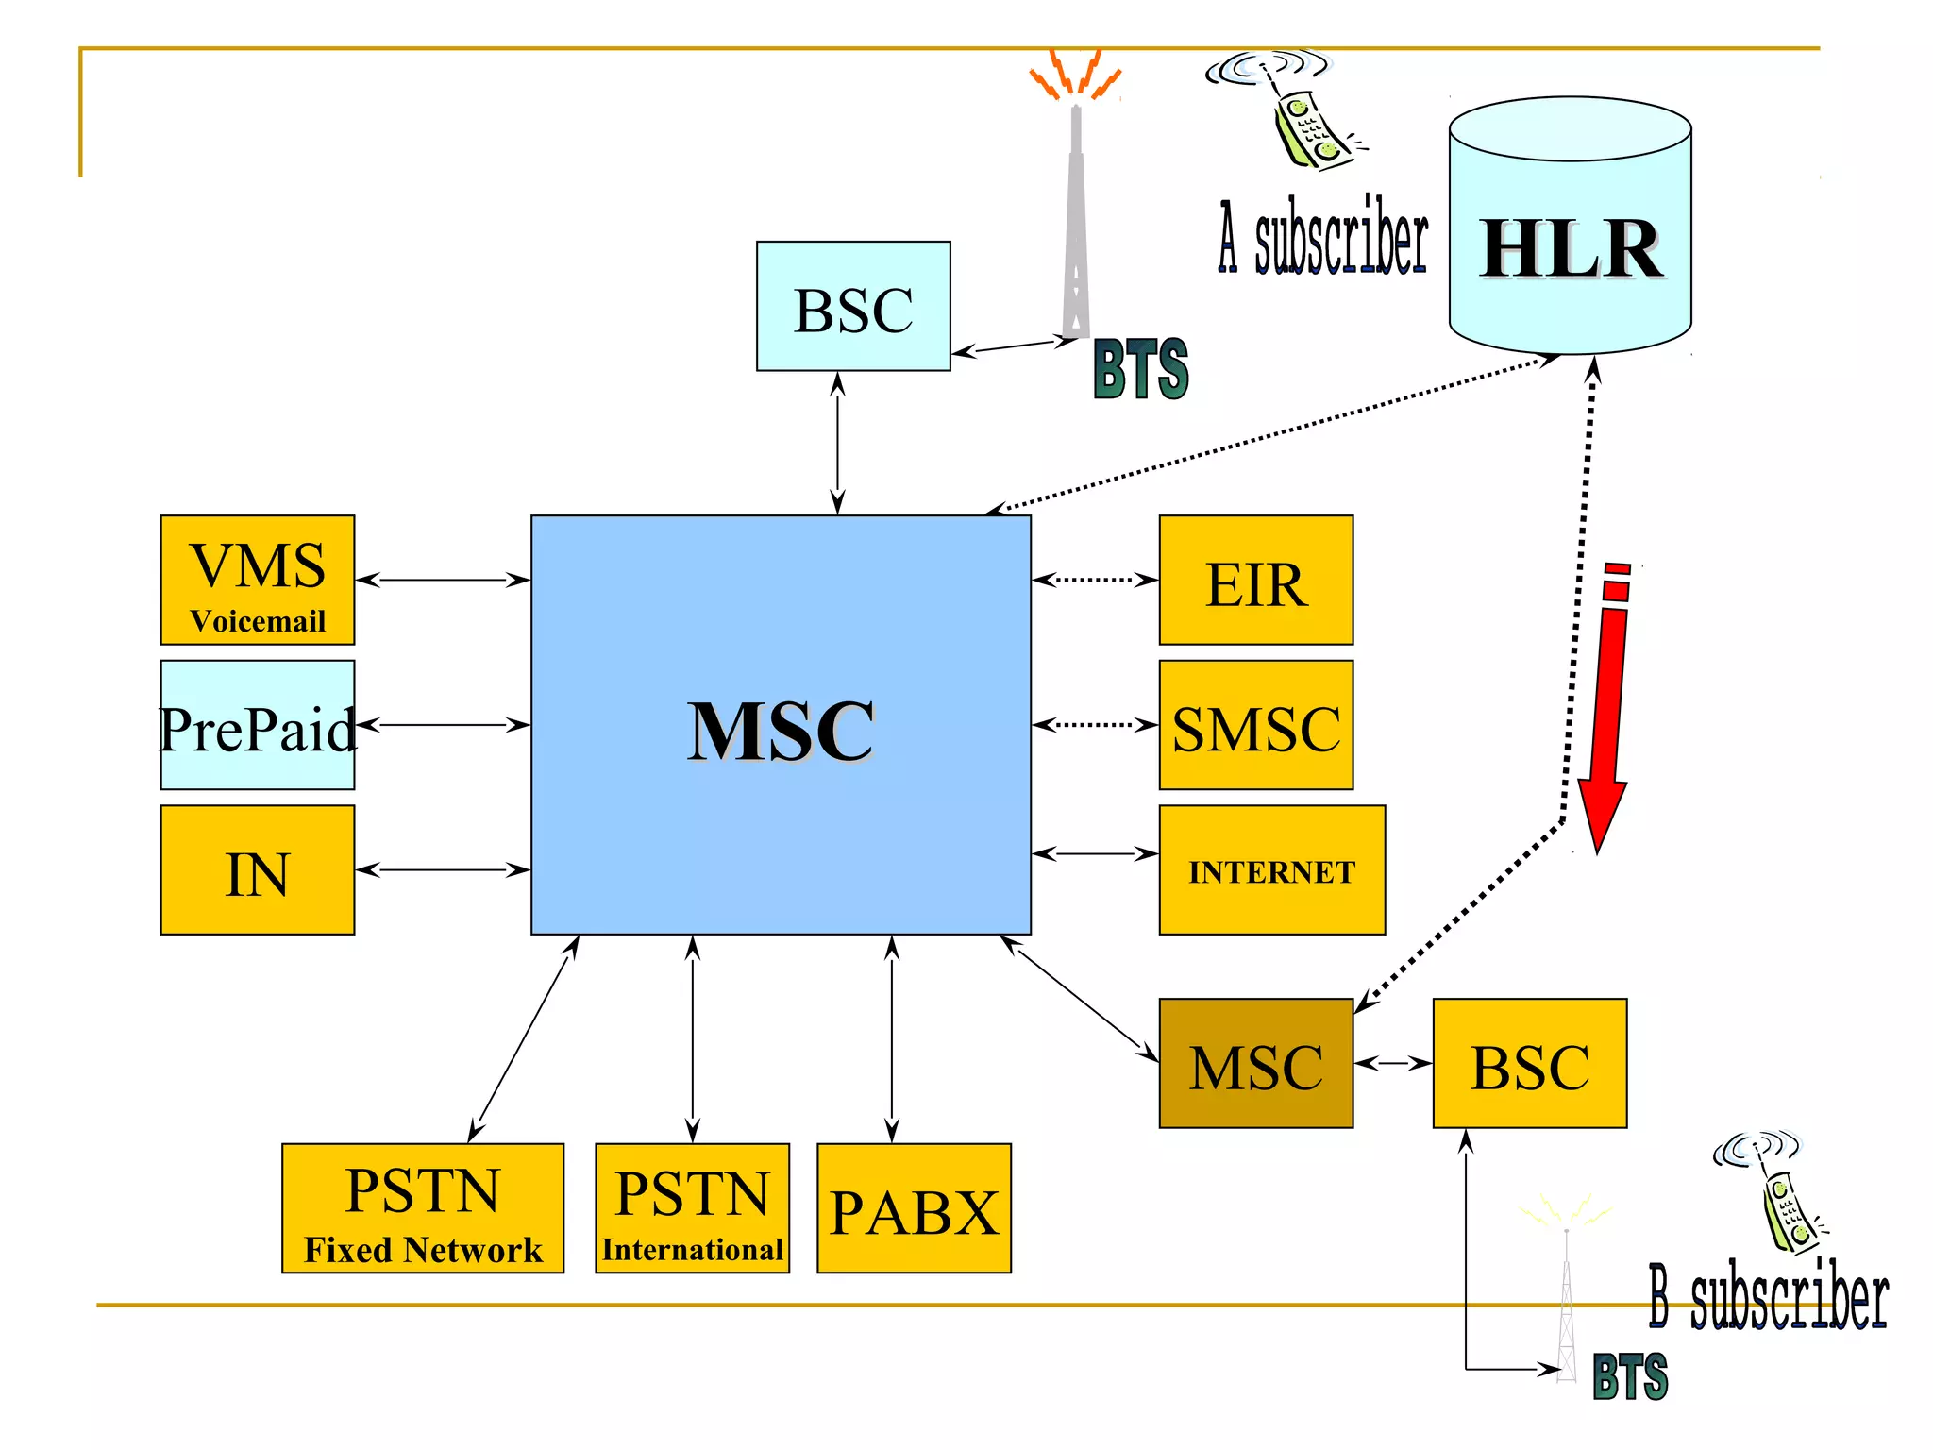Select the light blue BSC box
coord(853,306)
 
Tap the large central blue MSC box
coord(781,725)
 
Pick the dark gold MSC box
coord(1255,1064)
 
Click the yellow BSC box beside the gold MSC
coord(1529,1064)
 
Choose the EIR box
coord(1255,581)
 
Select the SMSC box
coord(1255,725)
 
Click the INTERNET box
coord(1271,870)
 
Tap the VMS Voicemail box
coord(258,581)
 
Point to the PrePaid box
coord(258,725)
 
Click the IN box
coord(258,870)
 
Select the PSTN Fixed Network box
coord(423,1208)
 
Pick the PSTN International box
coord(692,1208)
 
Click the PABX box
coord(914,1208)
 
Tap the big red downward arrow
coord(1608,717)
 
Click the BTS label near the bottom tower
coord(1630,1376)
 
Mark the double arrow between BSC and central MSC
coord(837,443)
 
